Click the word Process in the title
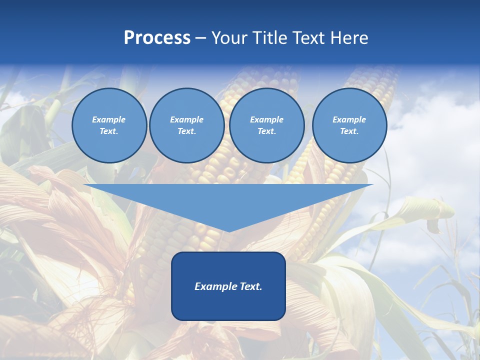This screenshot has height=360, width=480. [x=157, y=38]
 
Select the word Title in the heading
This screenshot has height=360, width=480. [x=272, y=38]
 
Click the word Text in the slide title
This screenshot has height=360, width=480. [x=312, y=38]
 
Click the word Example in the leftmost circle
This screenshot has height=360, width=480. [x=109, y=119]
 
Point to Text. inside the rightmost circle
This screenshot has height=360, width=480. [x=349, y=131]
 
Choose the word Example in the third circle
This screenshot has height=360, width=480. [x=266, y=119]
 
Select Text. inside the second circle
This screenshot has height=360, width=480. [x=186, y=131]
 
